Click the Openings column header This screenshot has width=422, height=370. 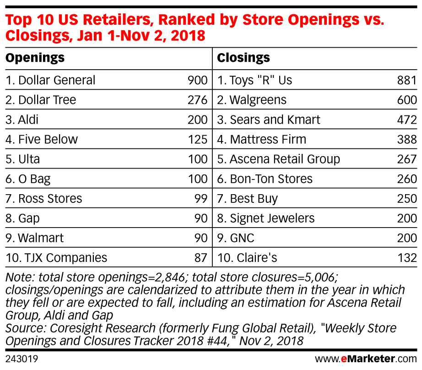pos(35,58)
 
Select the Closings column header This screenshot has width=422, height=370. pos(243,58)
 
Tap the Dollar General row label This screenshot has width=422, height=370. pos(51,81)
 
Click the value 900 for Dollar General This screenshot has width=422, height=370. pos(197,81)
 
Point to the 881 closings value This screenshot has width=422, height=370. pos(407,81)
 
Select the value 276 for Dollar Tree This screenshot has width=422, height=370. pos(197,100)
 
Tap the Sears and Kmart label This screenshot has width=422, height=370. pos(269,120)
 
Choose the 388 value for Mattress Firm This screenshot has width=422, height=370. pos(407,140)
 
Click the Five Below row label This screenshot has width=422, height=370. pos(42,140)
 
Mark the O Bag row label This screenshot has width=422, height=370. pos(28,179)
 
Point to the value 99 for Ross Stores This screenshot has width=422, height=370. pos(200,199)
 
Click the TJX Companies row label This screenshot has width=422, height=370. pos(56,258)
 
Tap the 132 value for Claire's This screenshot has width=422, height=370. pos(407,258)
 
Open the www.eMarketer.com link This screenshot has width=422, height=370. pos(366,358)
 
